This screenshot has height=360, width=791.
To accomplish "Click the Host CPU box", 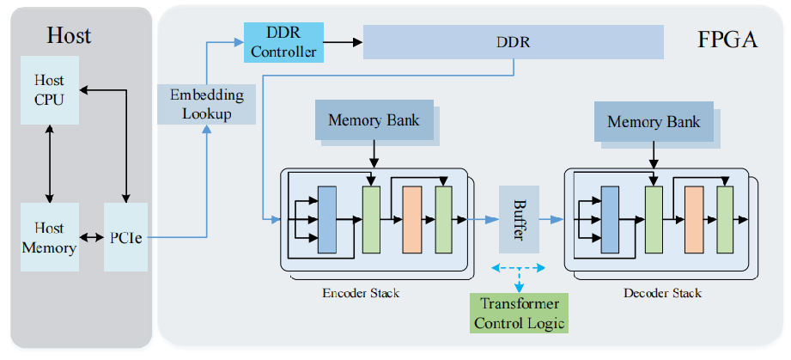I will (x=49, y=90).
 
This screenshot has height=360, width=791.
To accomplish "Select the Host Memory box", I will (x=49, y=237).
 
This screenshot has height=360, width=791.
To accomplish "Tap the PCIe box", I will (x=125, y=238).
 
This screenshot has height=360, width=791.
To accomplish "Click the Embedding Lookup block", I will (x=207, y=104).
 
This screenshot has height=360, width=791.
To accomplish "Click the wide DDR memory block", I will (x=514, y=42).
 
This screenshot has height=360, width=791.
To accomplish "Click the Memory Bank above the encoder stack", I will (x=374, y=120).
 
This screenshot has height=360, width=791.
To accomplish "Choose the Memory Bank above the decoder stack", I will (x=654, y=121).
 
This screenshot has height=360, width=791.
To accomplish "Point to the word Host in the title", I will (x=69, y=36).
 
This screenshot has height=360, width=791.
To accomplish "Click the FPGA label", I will (x=727, y=40).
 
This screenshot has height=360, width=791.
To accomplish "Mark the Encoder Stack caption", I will (x=361, y=293).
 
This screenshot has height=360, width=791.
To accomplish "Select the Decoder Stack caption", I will (x=662, y=293).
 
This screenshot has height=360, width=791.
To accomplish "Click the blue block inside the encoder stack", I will (x=327, y=219).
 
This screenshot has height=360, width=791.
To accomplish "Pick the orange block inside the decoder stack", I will (x=693, y=219).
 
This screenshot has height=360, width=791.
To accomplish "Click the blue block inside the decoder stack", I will (x=610, y=219).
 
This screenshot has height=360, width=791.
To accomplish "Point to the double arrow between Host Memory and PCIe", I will (x=91, y=238).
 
